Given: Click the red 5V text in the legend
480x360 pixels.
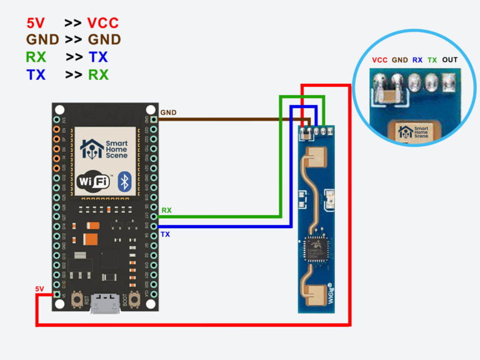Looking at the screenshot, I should pos(35,24).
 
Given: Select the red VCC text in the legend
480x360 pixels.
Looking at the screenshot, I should pos(103,24).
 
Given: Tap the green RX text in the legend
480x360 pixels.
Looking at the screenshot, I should pos(36,57).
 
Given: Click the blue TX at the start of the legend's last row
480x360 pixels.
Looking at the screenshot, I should pos(36,75).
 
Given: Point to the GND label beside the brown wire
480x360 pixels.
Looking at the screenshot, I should pos(168,113).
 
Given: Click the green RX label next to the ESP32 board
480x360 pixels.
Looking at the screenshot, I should pos(166,211).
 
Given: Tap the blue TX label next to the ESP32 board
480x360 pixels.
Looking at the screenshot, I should pos(166,234).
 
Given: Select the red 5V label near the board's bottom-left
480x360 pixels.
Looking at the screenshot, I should pos(39,289).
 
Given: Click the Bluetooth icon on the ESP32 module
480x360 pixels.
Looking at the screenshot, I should pos(125,181).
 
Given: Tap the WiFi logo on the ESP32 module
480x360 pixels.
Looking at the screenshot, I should pos(94,181).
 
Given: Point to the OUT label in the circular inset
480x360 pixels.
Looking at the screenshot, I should pos(450,60).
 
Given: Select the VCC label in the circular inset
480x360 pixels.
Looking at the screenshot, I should pos(379,60).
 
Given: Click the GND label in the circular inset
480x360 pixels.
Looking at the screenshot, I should pos(399,60).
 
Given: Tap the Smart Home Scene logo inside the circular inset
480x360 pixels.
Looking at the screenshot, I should pos(414,132).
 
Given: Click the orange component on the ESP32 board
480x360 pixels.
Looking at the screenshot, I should pos(91,239).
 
